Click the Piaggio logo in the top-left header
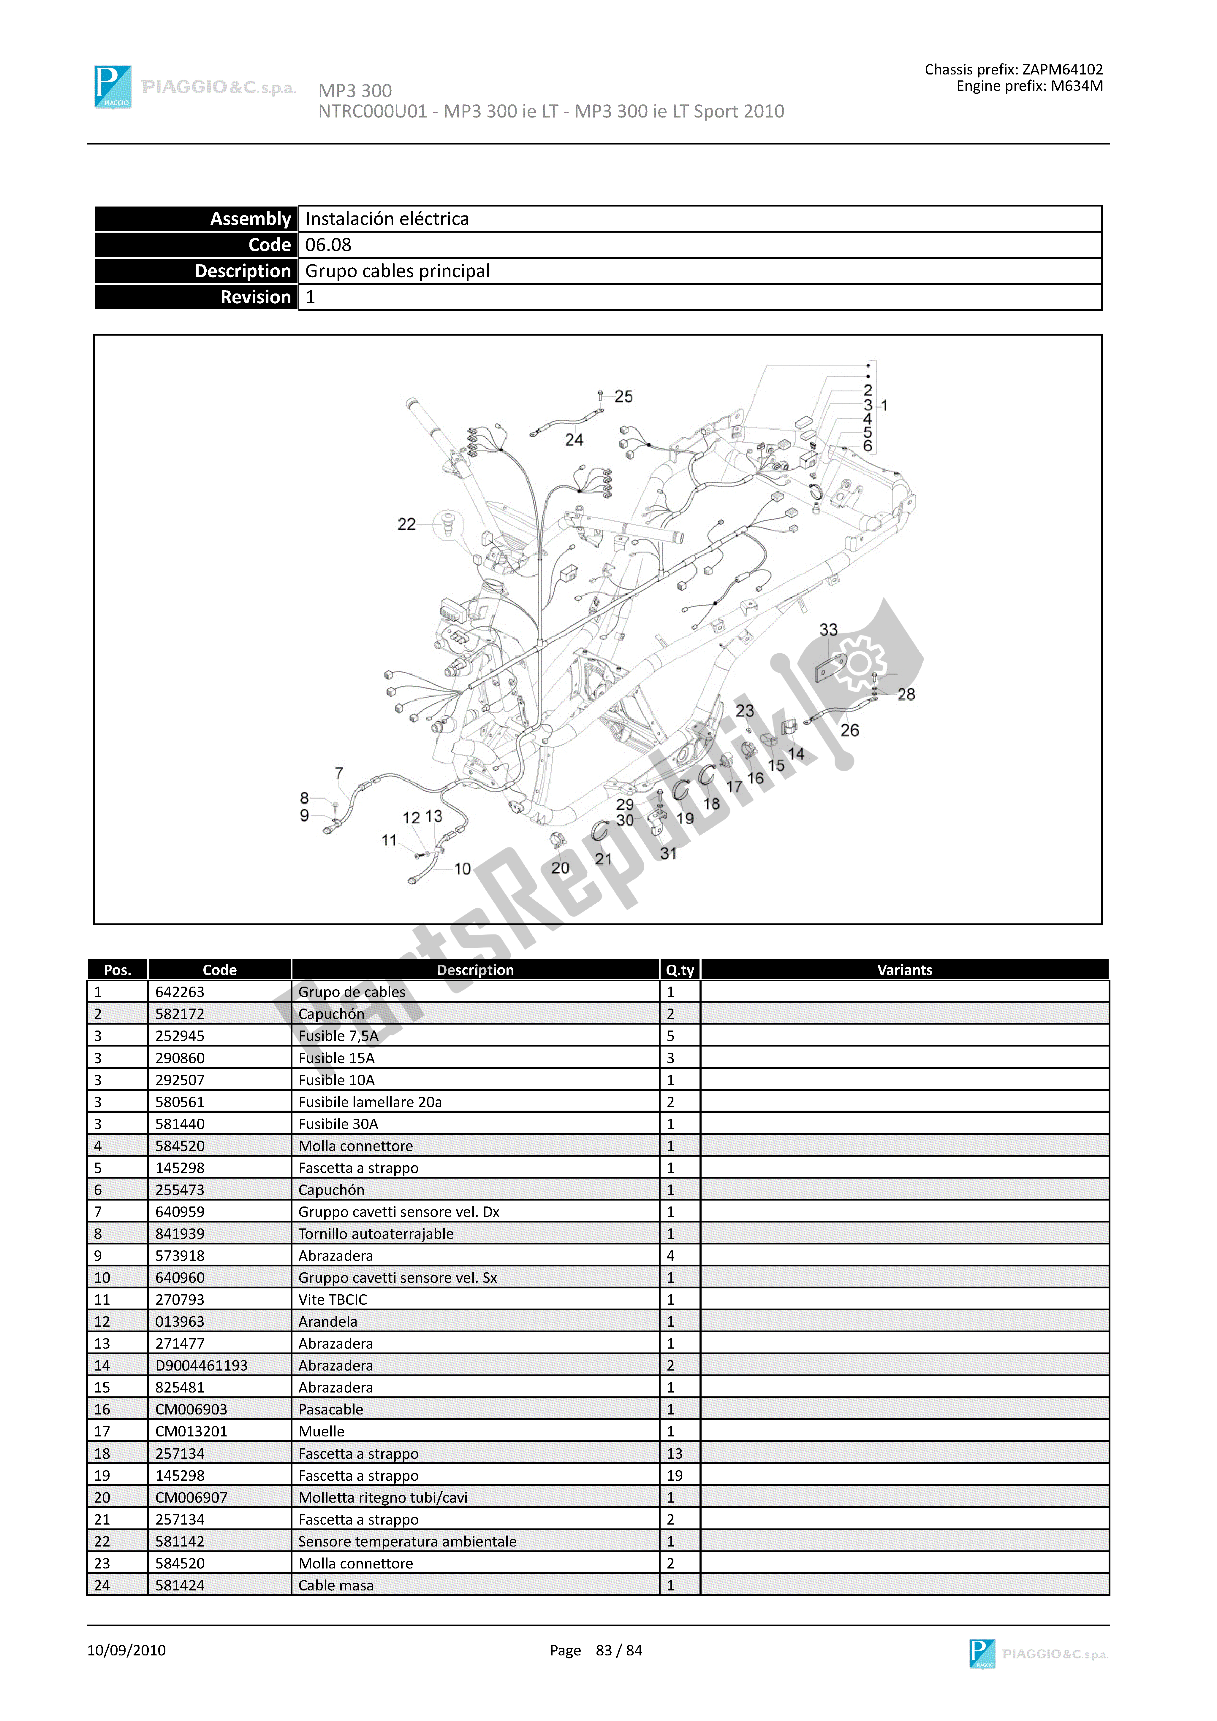click(x=113, y=87)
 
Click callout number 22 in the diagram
click(x=406, y=524)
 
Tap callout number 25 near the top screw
click(x=623, y=396)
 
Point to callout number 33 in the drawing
click(x=828, y=630)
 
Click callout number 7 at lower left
click(x=339, y=773)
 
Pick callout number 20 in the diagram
click(x=560, y=868)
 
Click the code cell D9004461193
click(x=201, y=1365)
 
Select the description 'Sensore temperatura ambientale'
click(x=407, y=1541)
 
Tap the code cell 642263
click(x=180, y=992)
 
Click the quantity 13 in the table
click(x=674, y=1453)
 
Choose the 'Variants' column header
click(x=904, y=970)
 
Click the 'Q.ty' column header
click(x=679, y=970)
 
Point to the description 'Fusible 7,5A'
click(x=338, y=1036)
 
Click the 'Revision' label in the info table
click(x=255, y=298)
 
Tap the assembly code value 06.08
click(x=328, y=245)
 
